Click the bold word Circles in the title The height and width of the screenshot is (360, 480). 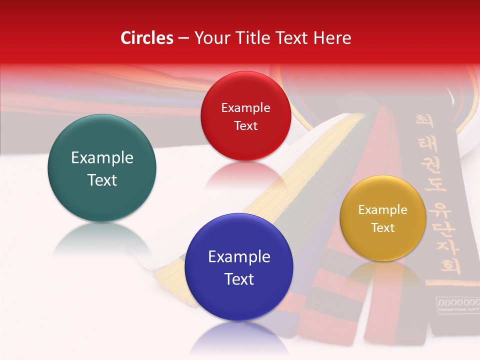click(147, 38)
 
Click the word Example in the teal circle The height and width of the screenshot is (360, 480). click(102, 158)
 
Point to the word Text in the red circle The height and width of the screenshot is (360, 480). click(245, 125)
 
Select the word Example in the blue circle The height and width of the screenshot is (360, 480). click(239, 257)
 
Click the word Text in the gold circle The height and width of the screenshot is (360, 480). click(383, 228)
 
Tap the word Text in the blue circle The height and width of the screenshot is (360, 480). click(239, 279)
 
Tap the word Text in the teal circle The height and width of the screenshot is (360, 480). click(102, 180)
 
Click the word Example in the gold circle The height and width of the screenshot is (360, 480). click(383, 210)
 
